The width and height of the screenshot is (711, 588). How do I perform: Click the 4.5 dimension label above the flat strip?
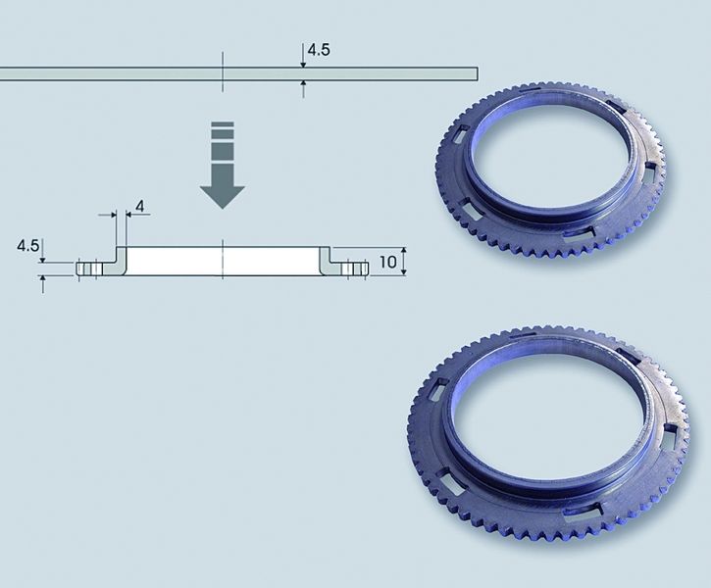point(319,50)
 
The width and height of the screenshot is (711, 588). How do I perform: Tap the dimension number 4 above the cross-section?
point(139,207)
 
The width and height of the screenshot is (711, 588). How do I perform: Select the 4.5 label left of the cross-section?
point(27,246)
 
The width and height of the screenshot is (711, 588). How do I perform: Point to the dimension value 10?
point(387,262)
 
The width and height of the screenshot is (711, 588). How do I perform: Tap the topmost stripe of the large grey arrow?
point(223,124)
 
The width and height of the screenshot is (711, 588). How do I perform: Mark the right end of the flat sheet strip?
point(478,73)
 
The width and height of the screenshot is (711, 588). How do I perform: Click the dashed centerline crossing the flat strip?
point(223,72)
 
